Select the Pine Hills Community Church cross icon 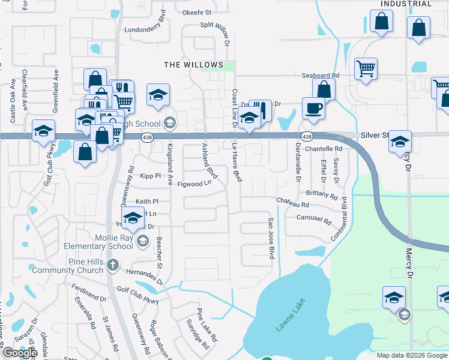[112, 265]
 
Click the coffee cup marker [313, 109]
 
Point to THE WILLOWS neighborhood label [194, 65]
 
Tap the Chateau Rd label [292, 205]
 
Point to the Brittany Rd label [322, 194]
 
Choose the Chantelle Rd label [323, 148]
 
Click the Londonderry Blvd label [145, 29]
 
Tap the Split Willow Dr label [214, 34]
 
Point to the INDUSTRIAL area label [406, 4]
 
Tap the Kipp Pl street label [150, 176]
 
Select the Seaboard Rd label [321, 76]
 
